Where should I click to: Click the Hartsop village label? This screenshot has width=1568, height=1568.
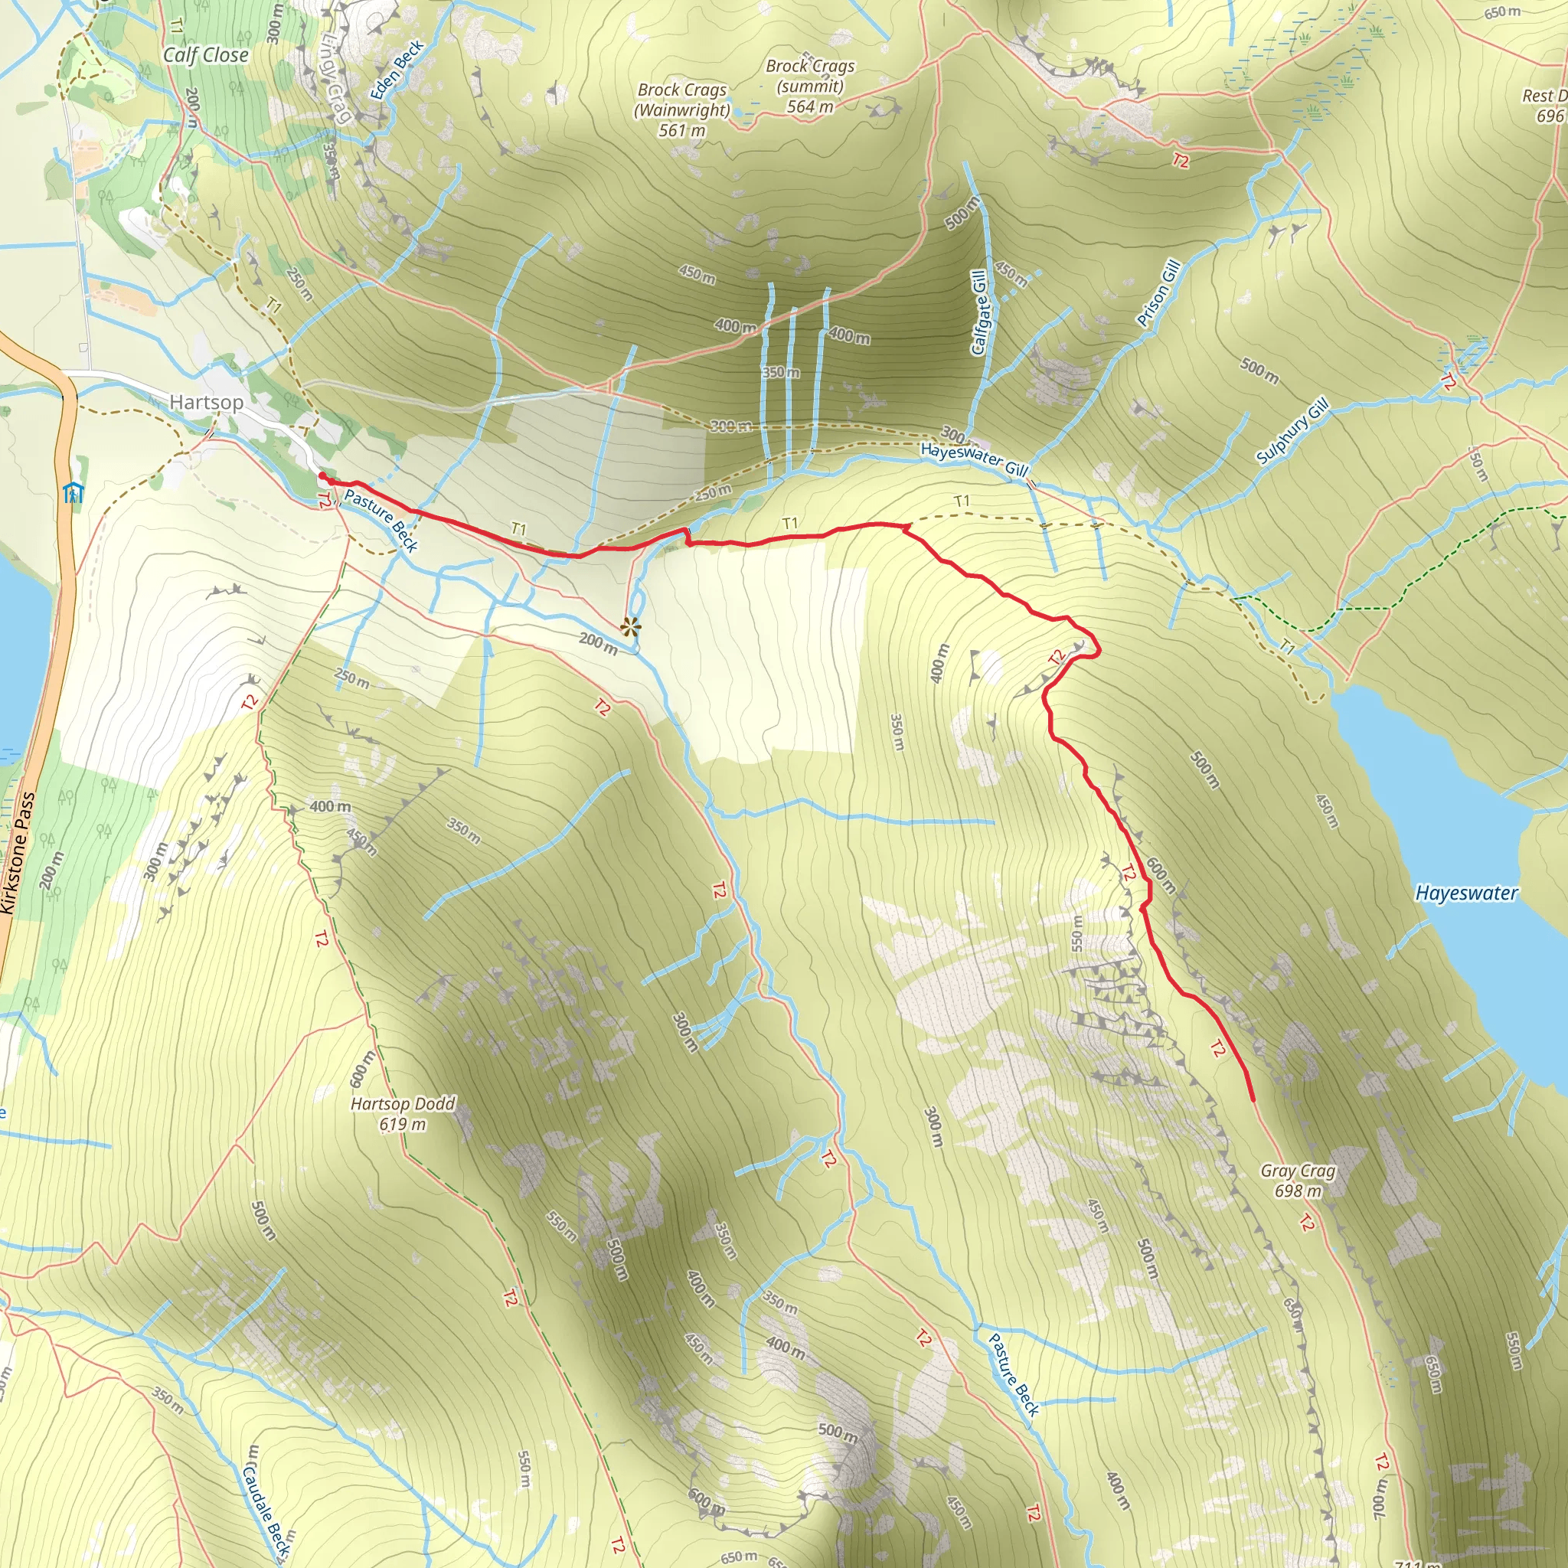click(206, 403)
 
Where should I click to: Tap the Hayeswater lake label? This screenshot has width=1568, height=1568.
click(1465, 893)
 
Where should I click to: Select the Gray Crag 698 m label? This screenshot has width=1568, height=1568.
click(1298, 1181)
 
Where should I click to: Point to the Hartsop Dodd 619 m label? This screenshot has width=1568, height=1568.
click(403, 1113)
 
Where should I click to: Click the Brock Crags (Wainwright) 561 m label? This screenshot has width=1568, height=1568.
click(681, 109)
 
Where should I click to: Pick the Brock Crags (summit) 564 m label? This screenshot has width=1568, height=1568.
click(810, 86)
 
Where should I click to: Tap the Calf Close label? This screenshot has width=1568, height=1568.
click(205, 55)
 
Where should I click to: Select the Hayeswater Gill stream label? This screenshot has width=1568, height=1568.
click(974, 459)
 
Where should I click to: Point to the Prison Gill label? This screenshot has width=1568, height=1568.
click(1158, 293)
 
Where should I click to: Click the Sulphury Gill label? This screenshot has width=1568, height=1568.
click(1292, 430)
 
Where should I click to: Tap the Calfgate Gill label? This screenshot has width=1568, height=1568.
click(978, 313)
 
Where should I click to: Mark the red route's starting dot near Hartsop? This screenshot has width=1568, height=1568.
click(322, 475)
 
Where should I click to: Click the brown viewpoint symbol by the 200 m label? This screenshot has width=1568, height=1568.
click(630, 626)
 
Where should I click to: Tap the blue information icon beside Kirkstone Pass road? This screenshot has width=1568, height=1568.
click(73, 492)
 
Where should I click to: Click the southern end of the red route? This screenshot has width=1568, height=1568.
click(1254, 1100)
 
